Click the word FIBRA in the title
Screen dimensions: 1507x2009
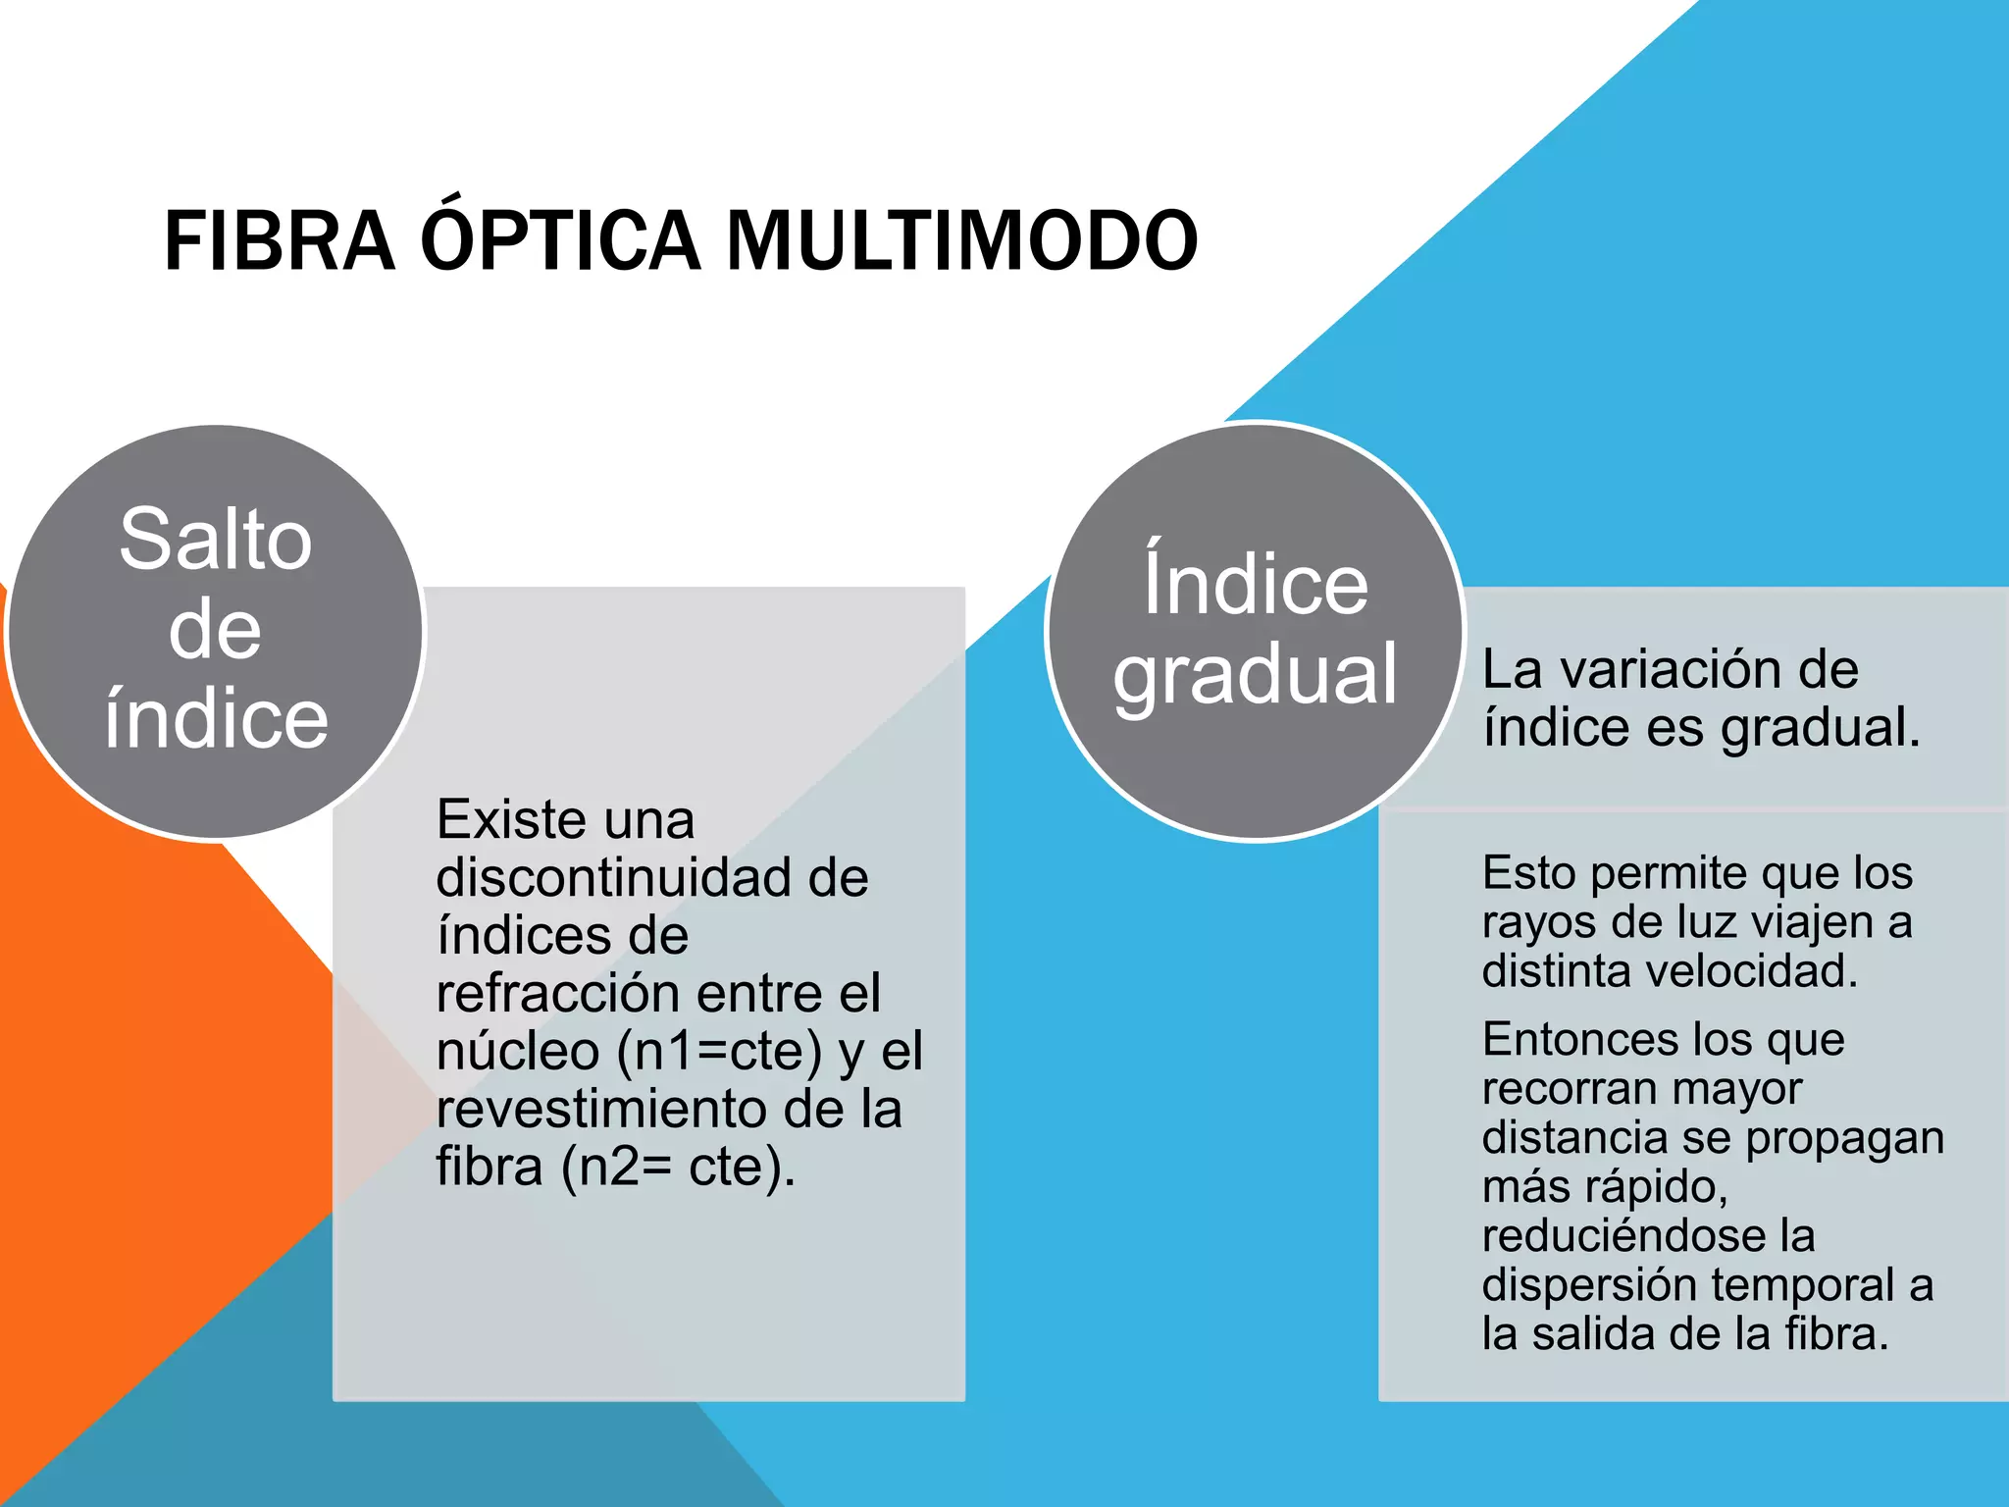click(x=280, y=241)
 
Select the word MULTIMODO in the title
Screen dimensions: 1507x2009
click(x=961, y=241)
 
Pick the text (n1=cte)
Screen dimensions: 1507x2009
click(x=719, y=1051)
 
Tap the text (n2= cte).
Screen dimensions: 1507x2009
click(x=678, y=1168)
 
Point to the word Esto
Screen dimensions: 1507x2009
click(x=1529, y=873)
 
